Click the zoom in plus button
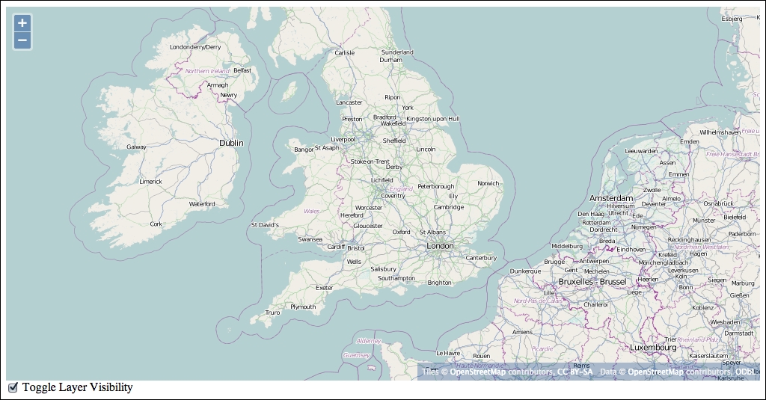pyautogui.click(x=22, y=23)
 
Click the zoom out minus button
pyautogui.click(x=22, y=40)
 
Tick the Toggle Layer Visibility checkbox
pyautogui.click(x=13, y=387)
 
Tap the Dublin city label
pyautogui.click(x=231, y=143)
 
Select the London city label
pyautogui.click(x=440, y=246)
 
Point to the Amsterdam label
pyautogui.click(x=610, y=198)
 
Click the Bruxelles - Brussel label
pyautogui.click(x=592, y=282)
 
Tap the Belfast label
pyautogui.click(x=242, y=70)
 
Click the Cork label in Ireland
pyautogui.click(x=156, y=224)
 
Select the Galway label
pyautogui.click(x=136, y=147)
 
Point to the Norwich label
pyautogui.click(x=488, y=183)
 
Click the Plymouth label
pyautogui.click(x=303, y=307)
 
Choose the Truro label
pyautogui.click(x=272, y=313)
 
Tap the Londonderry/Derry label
pyautogui.click(x=195, y=47)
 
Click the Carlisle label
pyautogui.click(x=344, y=53)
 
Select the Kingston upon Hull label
pyautogui.click(x=433, y=119)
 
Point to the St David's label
pyautogui.click(x=264, y=224)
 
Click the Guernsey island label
pyautogui.click(x=355, y=356)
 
